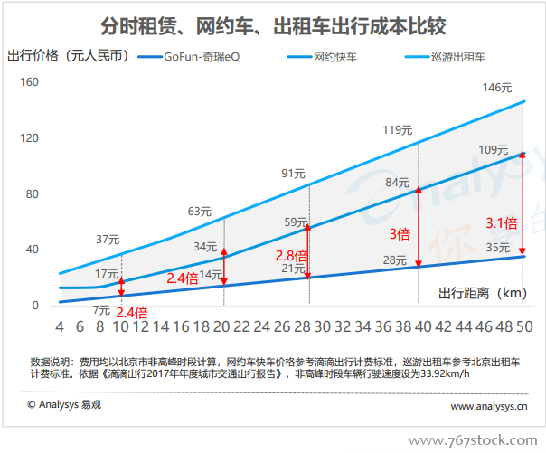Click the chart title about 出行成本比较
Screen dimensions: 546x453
tap(273, 26)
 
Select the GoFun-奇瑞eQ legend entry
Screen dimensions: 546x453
tap(189, 57)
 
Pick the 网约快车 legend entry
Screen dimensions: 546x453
tap(322, 57)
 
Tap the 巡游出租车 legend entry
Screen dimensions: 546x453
tap(445, 57)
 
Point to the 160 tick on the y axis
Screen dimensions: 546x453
tap(29, 82)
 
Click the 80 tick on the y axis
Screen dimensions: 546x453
tap(32, 193)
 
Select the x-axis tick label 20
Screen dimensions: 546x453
tap(221, 326)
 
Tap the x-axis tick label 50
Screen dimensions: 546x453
tap(525, 326)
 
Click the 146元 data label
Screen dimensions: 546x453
tap(497, 88)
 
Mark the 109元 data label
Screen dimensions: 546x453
tap(494, 150)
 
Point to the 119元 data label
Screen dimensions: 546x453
tap(398, 130)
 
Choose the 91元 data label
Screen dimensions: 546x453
tap(293, 174)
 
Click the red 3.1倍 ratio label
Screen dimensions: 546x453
tap(502, 223)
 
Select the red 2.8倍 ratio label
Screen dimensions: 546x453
tap(291, 256)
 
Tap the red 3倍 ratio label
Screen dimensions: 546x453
tap(400, 234)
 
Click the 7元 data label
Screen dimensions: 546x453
tap(101, 310)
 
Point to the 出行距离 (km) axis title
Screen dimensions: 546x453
tap(483, 294)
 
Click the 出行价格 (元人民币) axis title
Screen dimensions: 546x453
tap(69, 56)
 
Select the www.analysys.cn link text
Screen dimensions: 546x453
tap(489, 406)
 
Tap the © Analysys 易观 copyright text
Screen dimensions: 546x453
tap(64, 404)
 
